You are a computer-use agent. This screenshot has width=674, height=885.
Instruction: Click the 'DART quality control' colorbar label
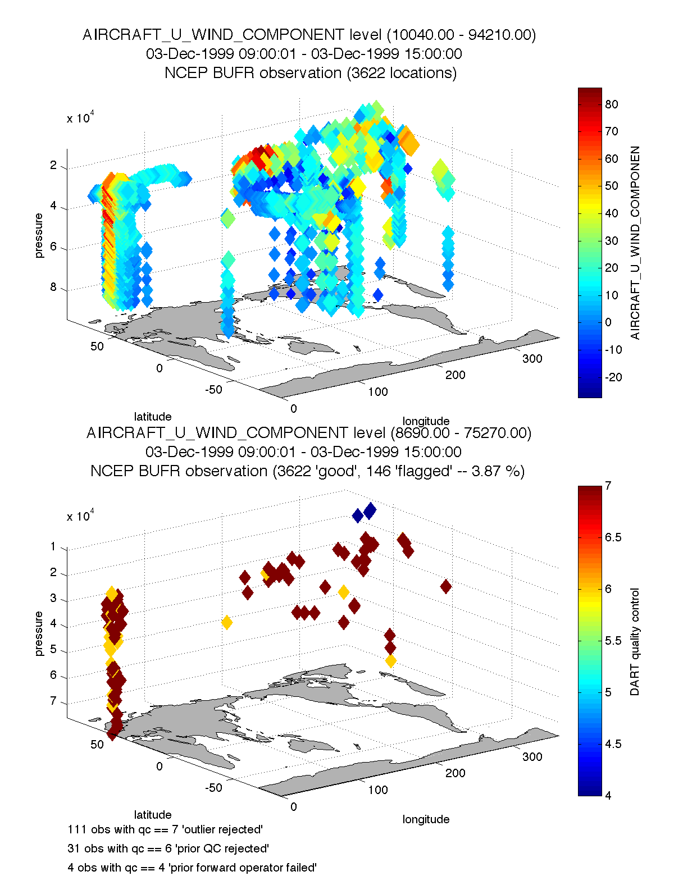635,641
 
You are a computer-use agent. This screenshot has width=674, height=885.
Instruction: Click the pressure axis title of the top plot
39,235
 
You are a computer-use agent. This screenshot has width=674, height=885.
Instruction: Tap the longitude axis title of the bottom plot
426,819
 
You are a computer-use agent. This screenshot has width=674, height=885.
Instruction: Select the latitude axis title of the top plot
152,416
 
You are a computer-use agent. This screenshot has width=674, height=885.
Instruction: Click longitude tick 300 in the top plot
532,358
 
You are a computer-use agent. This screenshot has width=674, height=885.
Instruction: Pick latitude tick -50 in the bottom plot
213,787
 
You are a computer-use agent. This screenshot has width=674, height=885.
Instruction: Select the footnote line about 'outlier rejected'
165,829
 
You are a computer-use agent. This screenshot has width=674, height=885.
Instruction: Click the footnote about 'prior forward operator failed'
192,868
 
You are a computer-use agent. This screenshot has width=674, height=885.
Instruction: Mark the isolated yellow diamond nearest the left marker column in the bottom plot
227,622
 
